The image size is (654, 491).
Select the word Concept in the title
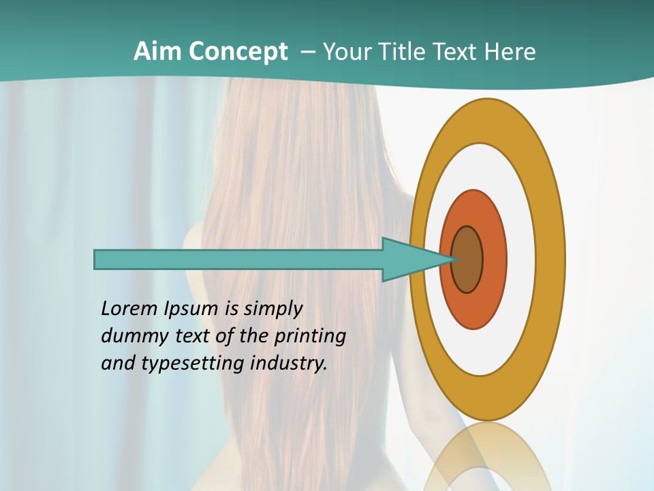[238, 53]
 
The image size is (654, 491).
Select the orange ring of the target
[495, 260]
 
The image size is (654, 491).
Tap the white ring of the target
[520, 259]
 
